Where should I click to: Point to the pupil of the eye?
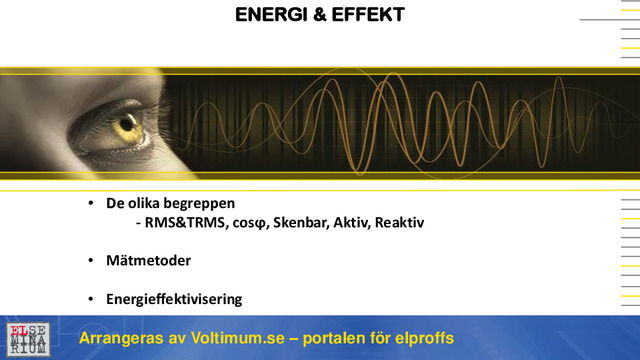(x=126, y=126)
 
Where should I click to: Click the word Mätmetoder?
(x=148, y=260)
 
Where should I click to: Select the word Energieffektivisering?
(x=173, y=299)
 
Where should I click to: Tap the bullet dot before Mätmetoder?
(x=90, y=261)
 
